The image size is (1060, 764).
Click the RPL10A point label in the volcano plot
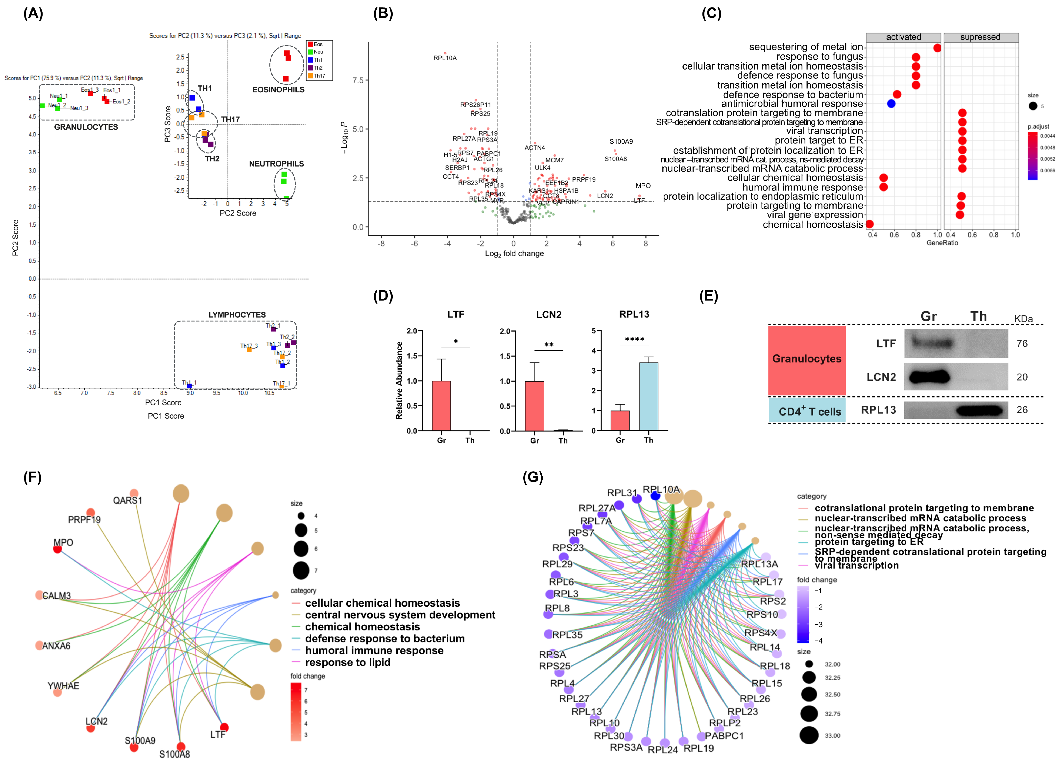click(x=444, y=58)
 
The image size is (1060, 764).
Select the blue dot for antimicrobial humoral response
click(x=891, y=104)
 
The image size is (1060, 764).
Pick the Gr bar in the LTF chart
click(x=441, y=406)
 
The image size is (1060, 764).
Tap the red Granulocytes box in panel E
click(x=807, y=359)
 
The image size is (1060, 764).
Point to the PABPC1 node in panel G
click(x=701, y=737)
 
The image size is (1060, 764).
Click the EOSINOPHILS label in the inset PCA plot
click(x=278, y=90)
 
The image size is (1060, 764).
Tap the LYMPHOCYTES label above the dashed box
click(x=237, y=315)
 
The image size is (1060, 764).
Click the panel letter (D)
click(x=383, y=296)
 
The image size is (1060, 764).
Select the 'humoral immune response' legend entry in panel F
click(x=374, y=650)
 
